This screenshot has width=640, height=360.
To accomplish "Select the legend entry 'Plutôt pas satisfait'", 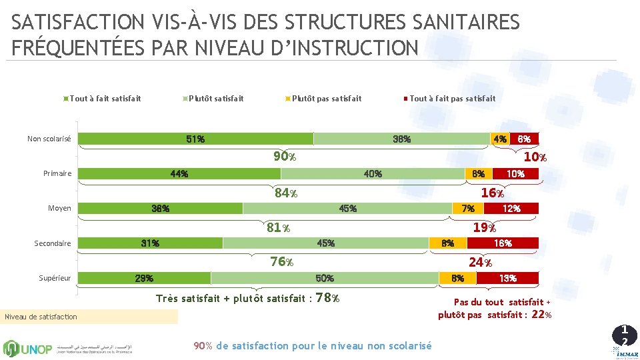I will (x=327, y=99).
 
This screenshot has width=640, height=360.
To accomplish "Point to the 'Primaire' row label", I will (x=57, y=174).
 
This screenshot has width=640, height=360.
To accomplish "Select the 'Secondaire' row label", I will (x=53, y=243).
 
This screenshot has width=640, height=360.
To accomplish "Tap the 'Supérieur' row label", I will (x=55, y=278).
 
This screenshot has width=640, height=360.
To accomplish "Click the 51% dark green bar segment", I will (x=195, y=139).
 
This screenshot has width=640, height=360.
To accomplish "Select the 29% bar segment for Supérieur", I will (x=145, y=278).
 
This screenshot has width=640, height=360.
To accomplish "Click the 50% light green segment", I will (x=325, y=278).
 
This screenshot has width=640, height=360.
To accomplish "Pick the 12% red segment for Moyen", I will (x=511, y=209).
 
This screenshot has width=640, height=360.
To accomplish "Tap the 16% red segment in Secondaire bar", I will (x=503, y=243).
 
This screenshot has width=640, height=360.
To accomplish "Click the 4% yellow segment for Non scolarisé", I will (x=499, y=139).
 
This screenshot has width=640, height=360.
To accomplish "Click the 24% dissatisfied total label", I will (x=480, y=262).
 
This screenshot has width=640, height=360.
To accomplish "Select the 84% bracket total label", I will (x=285, y=193).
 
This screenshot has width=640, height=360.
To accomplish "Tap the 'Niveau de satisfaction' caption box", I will (x=89, y=317).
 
